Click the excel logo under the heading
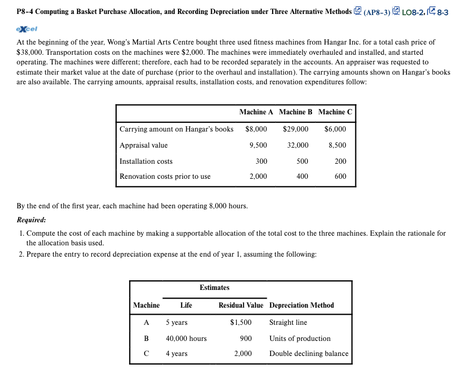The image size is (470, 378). (26, 28)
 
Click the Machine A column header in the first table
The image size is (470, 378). (256, 112)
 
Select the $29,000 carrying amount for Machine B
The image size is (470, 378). (296, 129)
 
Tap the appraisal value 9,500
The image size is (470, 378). (258, 146)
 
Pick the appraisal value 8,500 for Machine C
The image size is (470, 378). (337, 146)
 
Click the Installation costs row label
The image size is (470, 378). (146, 162)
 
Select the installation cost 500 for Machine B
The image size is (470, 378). (302, 162)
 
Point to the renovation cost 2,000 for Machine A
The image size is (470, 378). (258, 177)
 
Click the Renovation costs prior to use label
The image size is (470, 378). (165, 177)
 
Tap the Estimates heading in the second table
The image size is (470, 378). (215, 288)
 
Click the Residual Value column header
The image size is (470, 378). (241, 306)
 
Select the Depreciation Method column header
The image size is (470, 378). (302, 306)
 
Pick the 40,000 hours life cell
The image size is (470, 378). (186, 339)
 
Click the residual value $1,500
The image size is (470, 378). (240, 323)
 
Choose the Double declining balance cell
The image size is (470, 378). (309, 354)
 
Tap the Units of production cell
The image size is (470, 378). (300, 339)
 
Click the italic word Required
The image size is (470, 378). (31, 220)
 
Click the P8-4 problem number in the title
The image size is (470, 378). (27, 11)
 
